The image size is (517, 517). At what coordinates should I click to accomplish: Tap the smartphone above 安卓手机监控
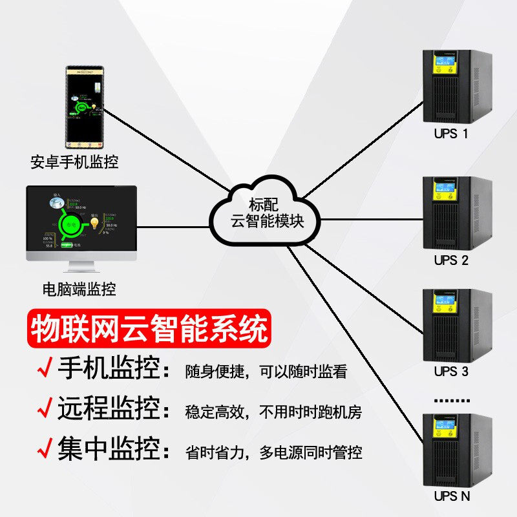[86, 107]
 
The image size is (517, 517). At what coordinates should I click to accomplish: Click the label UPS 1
[451, 134]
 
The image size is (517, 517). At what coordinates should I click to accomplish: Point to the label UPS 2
[451, 260]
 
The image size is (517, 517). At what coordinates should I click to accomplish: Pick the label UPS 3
[451, 372]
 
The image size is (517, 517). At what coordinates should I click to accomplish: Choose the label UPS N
[452, 496]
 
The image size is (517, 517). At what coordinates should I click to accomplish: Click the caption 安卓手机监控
[74, 162]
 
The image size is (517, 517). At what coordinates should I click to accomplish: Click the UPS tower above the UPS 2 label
[456, 213]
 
